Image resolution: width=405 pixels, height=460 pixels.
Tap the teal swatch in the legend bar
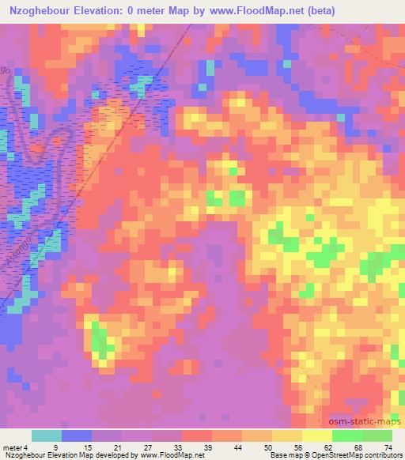[47, 435]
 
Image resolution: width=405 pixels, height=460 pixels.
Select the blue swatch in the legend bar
[77, 435]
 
